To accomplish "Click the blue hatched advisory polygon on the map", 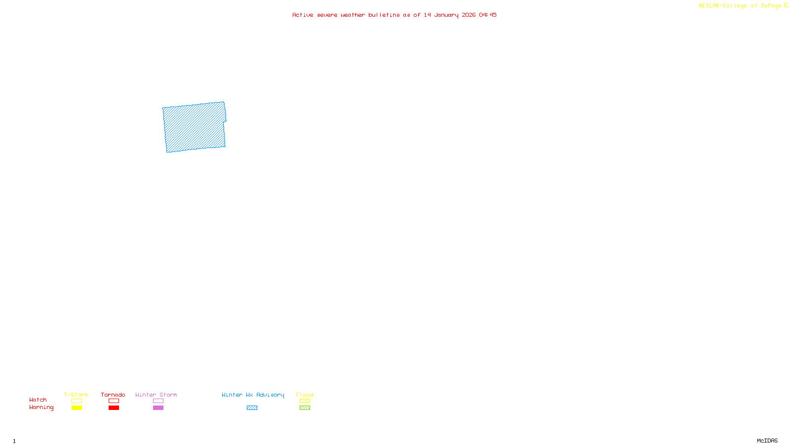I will pyautogui.click(x=195, y=127).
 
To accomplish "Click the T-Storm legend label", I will pyautogui.click(x=76, y=395).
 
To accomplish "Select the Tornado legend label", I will pyautogui.click(x=113, y=395).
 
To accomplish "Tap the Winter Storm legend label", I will pyautogui.click(x=156, y=395).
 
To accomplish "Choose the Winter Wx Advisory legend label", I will pyautogui.click(x=253, y=395).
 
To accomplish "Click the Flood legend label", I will pyautogui.click(x=305, y=395).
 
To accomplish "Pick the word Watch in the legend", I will pyautogui.click(x=38, y=400).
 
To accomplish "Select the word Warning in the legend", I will pyautogui.click(x=41, y=407).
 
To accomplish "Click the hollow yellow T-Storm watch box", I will pyautogui.click(x=77, y=401).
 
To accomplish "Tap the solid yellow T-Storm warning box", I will pyautogui.click(x=77, y=408).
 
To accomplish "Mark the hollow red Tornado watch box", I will pyautogui.click(x=114, y=401).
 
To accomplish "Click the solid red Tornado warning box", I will pyautogui.click(x=114, y=408).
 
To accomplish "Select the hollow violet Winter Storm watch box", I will pyautogui.click(x=158, y=401).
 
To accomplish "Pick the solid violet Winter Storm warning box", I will pyautogui.click(x=158, y=408).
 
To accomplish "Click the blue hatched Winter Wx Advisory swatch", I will pyautogui.click(x=252, y=408).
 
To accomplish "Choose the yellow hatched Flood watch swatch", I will pyautogui.click(x=305, y=401).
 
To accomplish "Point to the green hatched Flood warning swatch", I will pyautogui.click(x=305, y=408).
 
